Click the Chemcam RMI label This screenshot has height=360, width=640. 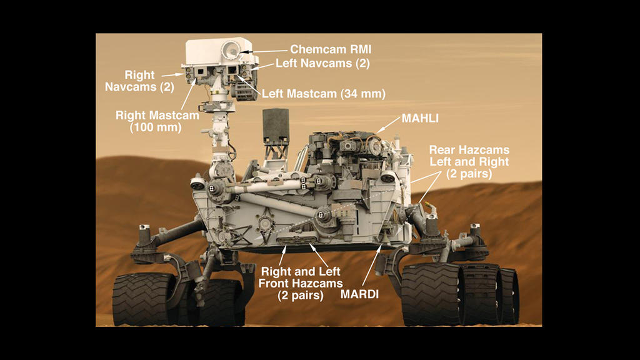point(331,49)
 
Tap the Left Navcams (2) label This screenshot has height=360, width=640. point(322,63)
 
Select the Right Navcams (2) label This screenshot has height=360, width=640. point(139,81)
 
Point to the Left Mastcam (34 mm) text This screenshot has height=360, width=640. point(324,94)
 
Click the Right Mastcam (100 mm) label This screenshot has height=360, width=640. point(157,121)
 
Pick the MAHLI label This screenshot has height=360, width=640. point(420,118)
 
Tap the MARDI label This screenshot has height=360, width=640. point(359,294)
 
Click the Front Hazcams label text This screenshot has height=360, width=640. point(301,283)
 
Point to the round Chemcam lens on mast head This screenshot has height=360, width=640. point(231,50)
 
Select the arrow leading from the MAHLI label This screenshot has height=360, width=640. point(388,124)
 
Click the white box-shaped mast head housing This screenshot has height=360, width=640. point(219,51)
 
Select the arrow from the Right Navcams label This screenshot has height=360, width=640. point(172,75)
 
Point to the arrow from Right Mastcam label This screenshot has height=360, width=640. point(188,94)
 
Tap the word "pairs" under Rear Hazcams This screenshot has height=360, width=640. point(476,174)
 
